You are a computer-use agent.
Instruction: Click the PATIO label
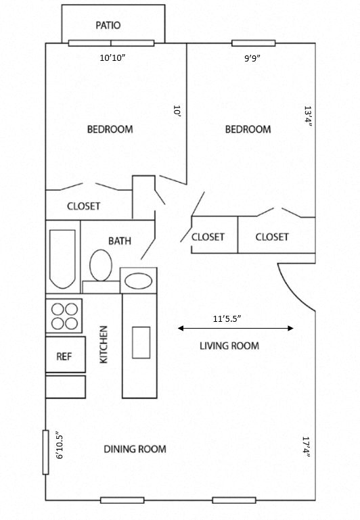108,26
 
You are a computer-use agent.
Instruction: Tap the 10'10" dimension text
112,58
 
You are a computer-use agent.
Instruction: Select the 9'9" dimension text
252,58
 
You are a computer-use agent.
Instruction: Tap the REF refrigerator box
65,356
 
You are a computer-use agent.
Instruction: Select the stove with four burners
64,314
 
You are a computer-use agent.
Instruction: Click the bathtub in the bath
62,258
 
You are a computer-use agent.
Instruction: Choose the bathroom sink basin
139,281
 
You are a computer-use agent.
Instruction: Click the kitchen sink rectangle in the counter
141,342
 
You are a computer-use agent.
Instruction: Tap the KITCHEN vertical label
104,344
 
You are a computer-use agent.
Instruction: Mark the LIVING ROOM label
229,346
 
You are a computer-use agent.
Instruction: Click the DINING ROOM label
135,449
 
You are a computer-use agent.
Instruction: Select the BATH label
120,241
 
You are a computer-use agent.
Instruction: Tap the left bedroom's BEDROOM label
110,129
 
